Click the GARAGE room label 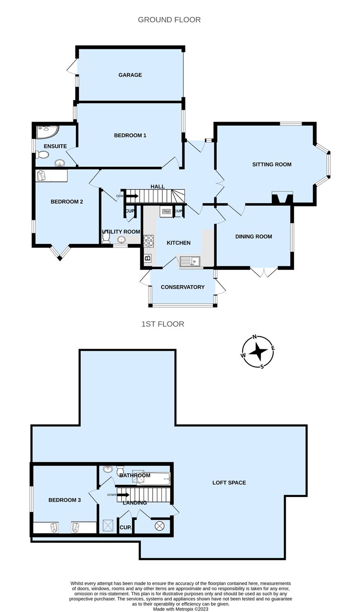(x=130, y=75)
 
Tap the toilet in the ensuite (x=42, y=155)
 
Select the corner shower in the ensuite (x=47, y=132)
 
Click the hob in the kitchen (x=149, y=241)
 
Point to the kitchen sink (x=190, y=262)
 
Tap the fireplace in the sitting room (x=282, y=198)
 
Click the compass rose (x=258, y=352)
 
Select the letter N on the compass (x=254, y=337)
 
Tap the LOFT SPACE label (x=229, y=483)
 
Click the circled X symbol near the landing (x=159, y=526)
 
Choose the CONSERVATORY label (x=182, y=287)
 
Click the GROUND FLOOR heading (x=169, y=20)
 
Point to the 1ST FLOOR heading (x=162, y=324)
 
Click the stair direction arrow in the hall (x=132, y=196)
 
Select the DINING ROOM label (x=253, y=237)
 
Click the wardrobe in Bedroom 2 (x=51, y=175)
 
